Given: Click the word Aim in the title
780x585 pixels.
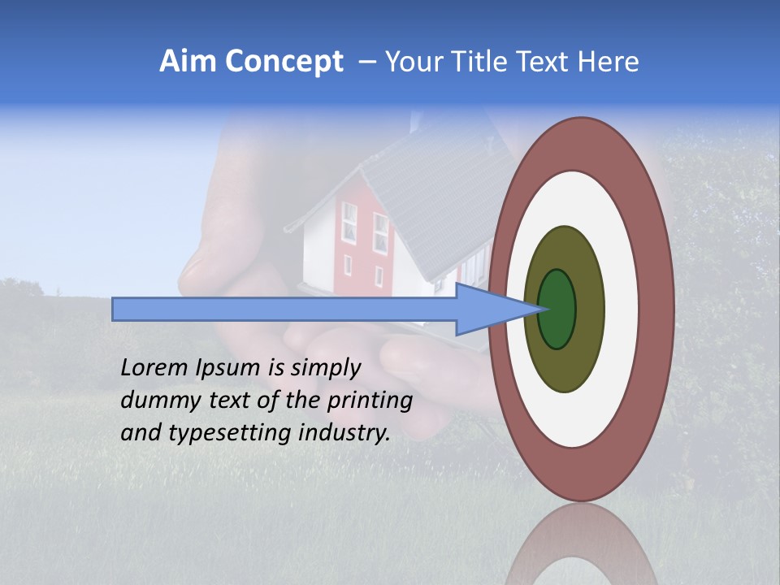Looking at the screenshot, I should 188,62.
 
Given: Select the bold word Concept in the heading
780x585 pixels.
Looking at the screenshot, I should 284,62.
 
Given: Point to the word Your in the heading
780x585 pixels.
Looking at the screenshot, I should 413,62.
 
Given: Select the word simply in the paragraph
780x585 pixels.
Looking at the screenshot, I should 325,368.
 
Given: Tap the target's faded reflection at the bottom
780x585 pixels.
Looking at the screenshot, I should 580,544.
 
